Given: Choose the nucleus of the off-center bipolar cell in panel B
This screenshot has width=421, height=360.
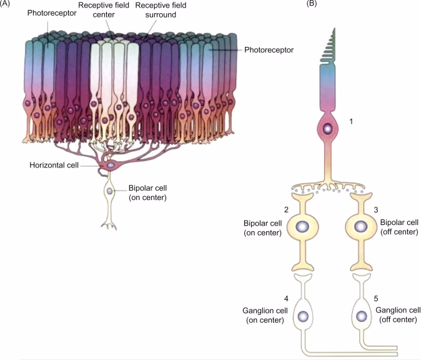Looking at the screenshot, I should point(361,227).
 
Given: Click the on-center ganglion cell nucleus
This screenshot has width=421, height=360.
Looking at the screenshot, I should point(304,316).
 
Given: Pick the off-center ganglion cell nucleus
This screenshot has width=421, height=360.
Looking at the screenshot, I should point(361,316).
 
